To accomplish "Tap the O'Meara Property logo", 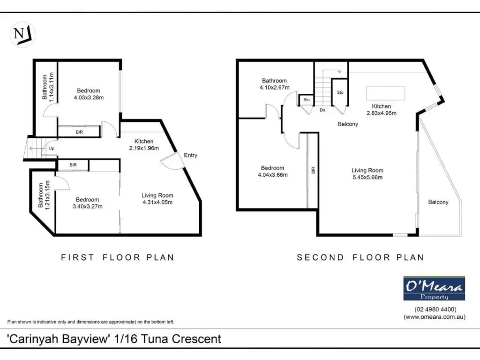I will (x=434, y=288).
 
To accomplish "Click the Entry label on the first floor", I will (x=191, y=156).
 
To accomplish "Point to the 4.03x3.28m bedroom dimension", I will (x=89, y=98).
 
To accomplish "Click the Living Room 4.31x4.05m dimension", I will (x=157, y=202).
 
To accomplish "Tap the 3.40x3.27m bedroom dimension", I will (x=87, y=206).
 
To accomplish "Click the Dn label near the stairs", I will (x=322, y=111).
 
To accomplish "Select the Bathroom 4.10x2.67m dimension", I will (x=274, y=88).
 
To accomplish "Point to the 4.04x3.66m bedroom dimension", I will (x=273, y=175).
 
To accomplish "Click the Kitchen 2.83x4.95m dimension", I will (x=382, y=113).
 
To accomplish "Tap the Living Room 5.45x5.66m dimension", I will (x=368, y=178).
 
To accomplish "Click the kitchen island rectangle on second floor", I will (x=386, y=92).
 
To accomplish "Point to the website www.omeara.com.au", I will (x=434, y=317).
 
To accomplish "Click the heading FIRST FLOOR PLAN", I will (x=118, y=257).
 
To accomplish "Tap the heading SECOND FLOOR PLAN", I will (x=360, y=257).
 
